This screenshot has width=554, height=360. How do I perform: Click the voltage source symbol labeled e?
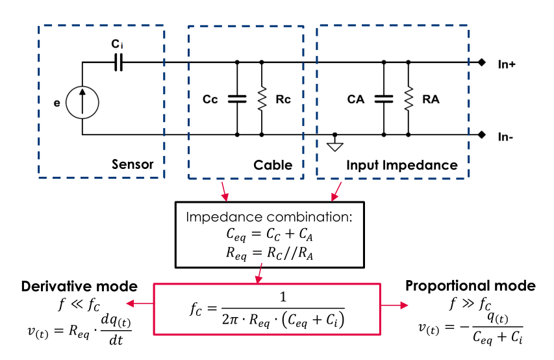pos(82,103)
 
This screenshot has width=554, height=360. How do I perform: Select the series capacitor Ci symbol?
pos(118,62)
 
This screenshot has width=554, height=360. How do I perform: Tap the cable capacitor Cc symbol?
pos(236,99)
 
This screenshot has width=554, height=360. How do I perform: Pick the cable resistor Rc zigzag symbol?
pos(261,99)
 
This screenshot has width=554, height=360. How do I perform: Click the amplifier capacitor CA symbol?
pos(384,99)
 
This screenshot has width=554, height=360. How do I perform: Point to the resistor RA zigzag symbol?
pos(409,99)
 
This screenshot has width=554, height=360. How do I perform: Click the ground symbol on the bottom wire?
pos(334,145)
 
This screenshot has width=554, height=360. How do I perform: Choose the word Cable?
pos(273,165)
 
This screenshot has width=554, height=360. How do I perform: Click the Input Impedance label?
pos(401,165)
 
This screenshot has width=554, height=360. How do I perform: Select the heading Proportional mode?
pos(470,286)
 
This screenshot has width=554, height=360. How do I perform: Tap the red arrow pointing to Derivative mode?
pos(138,304)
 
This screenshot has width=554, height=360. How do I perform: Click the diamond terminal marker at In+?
pos(481,62)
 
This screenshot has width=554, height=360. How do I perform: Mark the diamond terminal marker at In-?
pos(481,135)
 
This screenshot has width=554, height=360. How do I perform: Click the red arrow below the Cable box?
pos(223,190)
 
